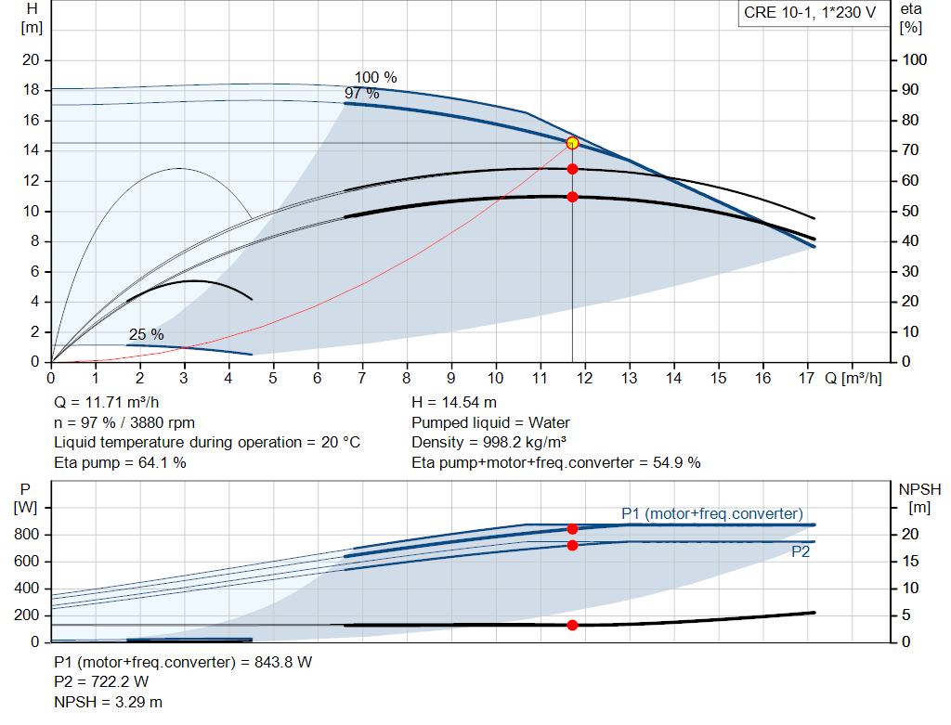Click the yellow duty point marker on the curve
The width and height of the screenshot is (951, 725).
572,143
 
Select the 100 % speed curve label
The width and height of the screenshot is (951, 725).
375,78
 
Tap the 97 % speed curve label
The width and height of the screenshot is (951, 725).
362,94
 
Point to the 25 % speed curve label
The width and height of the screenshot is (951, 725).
146,335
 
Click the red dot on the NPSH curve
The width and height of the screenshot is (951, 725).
572,625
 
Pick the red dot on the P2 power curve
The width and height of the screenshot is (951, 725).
572,545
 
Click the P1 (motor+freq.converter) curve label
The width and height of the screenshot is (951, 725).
712,514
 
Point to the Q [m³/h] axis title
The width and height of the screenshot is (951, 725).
853,379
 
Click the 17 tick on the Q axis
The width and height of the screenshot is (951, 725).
808,379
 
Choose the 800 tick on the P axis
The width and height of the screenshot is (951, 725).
26,535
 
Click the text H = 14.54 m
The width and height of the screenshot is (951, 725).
454,403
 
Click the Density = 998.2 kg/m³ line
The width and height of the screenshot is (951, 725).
489,442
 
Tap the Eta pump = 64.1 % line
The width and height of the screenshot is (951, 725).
120,462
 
